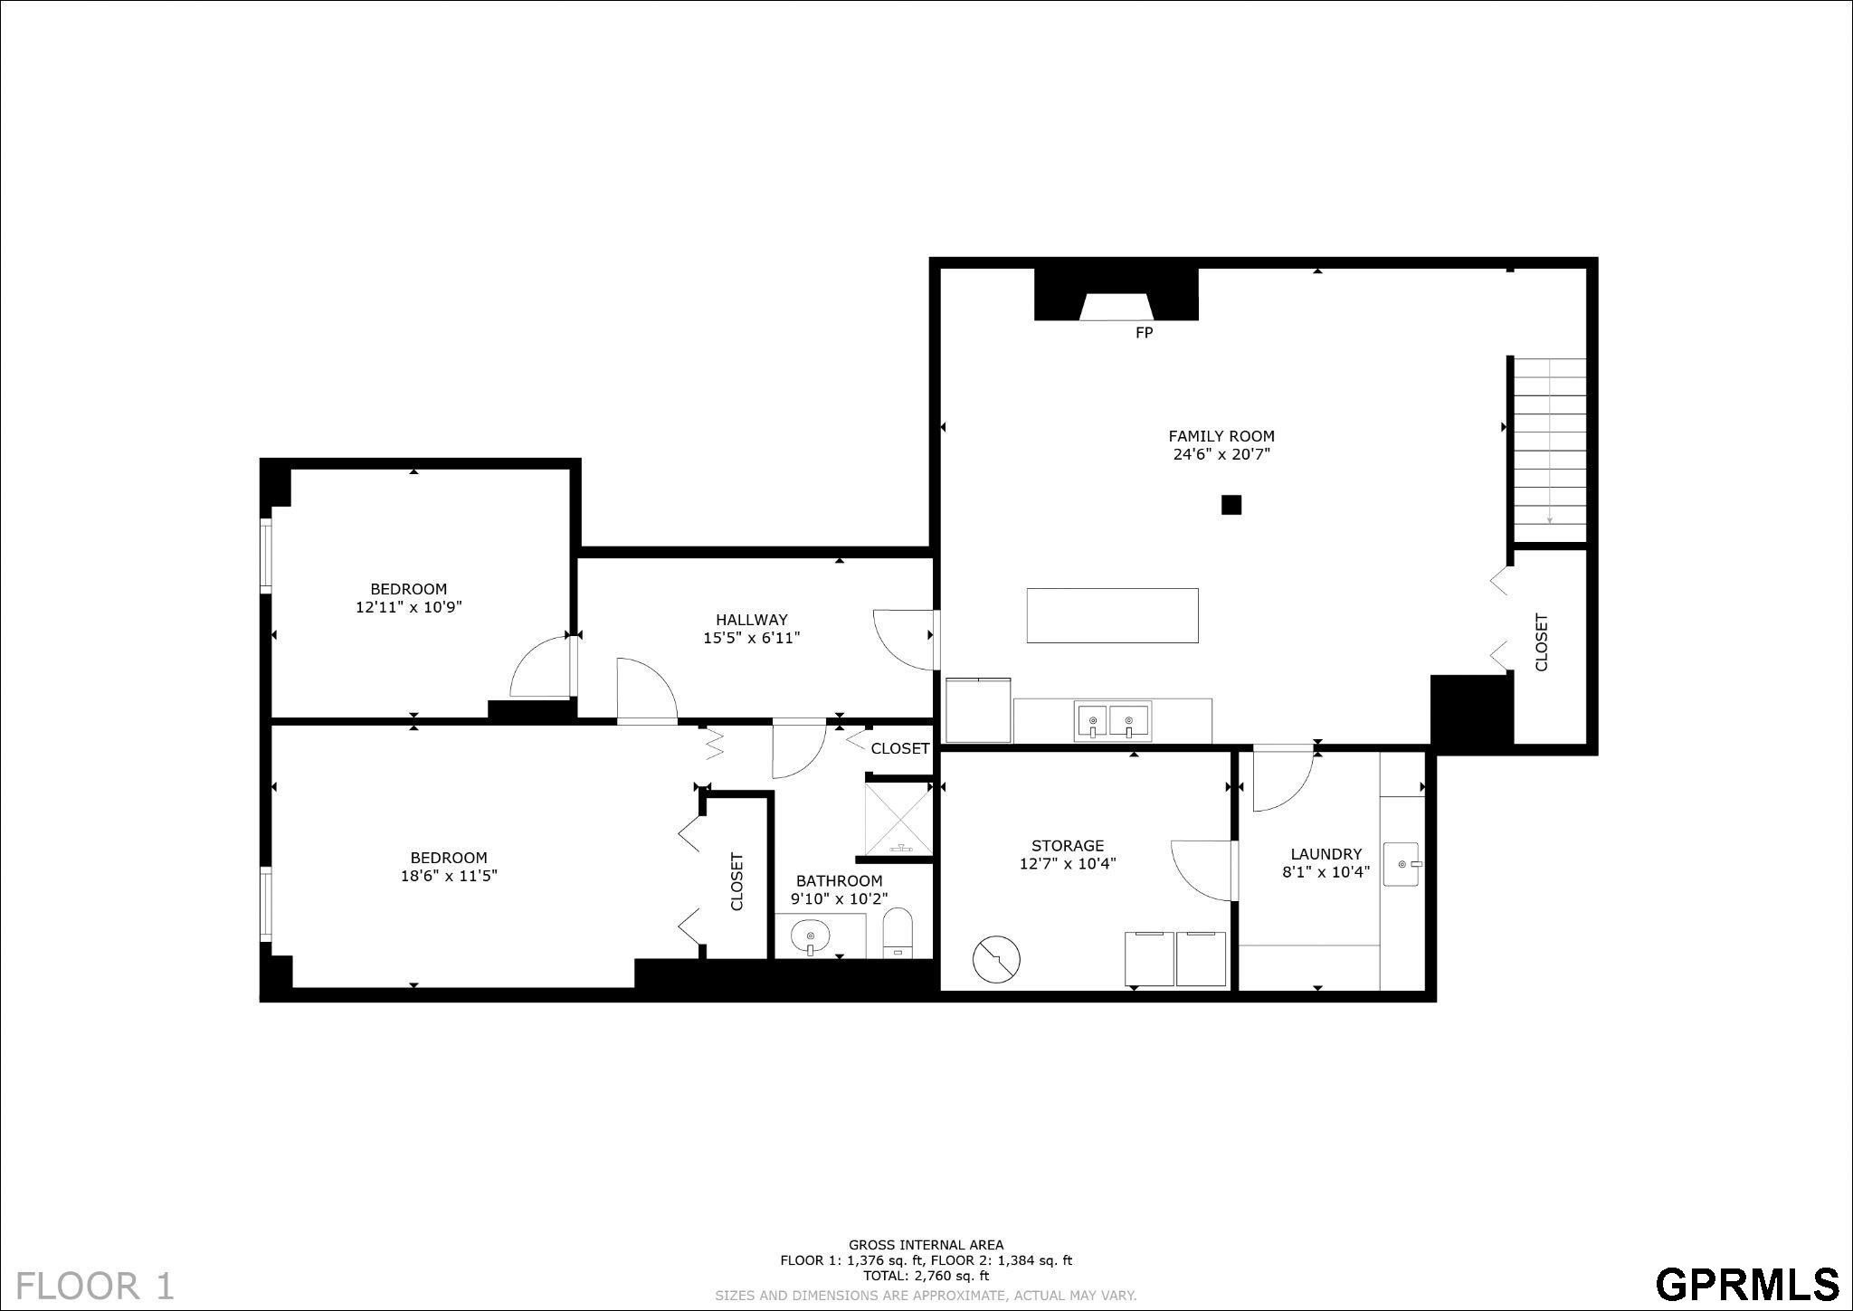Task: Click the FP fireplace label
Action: pyautogui.click(x=1144, y=333)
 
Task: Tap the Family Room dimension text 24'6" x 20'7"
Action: pyautogui.click(x=1221, y=454)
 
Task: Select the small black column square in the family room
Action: pyautogui.click(x=1231, y=505)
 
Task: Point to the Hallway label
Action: pyautogui.click(x=751, y=620)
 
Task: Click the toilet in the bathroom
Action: pyautogui.click(x=898, y=933)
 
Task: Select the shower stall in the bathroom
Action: pyautogui.click(x=898, y=818)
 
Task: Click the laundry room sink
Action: pyautogui.click(x=1402, y=864)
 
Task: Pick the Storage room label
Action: pyautogui.click(x=1068, y=846)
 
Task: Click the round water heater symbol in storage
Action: pyautogui.click(x=996, y=958)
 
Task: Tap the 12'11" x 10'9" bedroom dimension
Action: pyautogui.click(x=408, y=607)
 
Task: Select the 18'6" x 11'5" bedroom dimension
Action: pyautogui.click(x=449, y=876)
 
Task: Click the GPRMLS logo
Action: pyautogui.click(x=1746, y=1283)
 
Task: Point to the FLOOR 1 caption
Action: pyautogui.click(x=95, y=1285)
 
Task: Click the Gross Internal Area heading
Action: pyautogui.click(x=926, y=1245)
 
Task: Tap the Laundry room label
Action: pyautogui.click(x=1326, y=854)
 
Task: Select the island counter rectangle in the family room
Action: pyautogui.click(x=1112, y=615)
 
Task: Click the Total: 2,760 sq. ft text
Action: pyautogui.click(x=926, y=1276)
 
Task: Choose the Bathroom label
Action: pyautogui.click(x=839, y=881)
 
